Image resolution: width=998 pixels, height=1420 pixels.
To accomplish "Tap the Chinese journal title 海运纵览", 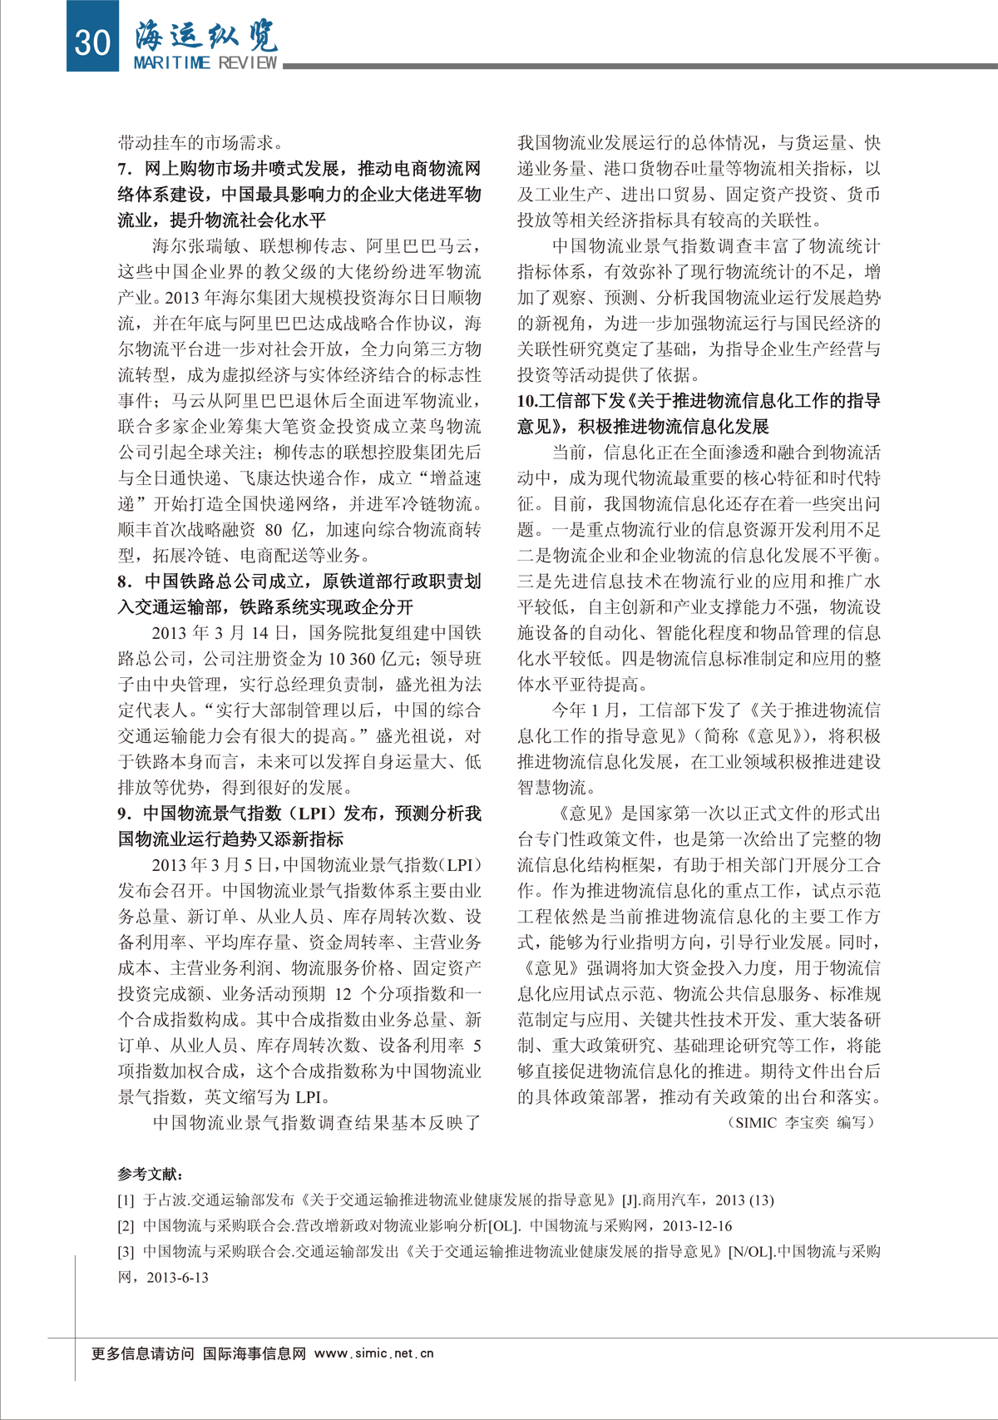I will [205, 35].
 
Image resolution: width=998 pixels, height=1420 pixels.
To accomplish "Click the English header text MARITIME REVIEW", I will [205, 63].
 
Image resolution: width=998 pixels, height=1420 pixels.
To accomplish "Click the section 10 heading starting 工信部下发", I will [699, 401].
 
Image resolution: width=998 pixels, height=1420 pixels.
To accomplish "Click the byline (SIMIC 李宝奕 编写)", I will [802, 1122].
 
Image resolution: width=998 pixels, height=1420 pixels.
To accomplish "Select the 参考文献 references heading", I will [151, 1175].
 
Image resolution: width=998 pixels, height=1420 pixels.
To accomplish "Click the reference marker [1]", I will [126, 1200].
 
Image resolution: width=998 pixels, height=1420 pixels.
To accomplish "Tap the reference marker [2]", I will [126, 1226].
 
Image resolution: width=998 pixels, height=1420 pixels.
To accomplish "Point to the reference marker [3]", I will [126, 1252].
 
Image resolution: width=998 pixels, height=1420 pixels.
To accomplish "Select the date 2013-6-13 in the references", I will [177, 1278].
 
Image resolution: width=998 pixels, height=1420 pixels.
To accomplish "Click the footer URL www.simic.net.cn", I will [374, 1353].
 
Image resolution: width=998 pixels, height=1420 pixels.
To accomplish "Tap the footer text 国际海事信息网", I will [254, 1353].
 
